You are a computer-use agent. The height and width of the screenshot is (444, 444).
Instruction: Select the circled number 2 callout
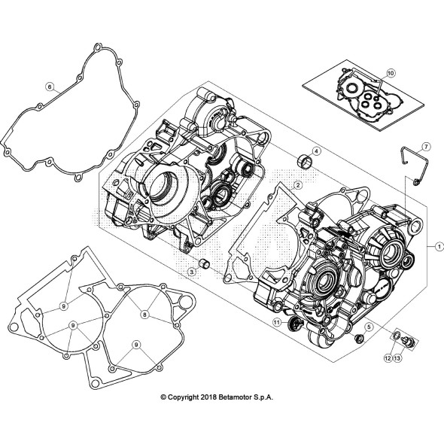(298, 184)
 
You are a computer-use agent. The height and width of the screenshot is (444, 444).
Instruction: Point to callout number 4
(317, 152)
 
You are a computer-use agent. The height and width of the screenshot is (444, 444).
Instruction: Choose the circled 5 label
(369, 327)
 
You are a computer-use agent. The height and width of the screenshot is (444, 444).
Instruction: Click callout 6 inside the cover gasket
(50, 87)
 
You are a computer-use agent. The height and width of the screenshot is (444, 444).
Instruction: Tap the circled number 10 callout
(391, 72)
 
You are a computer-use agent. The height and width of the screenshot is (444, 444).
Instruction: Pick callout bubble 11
(277, 323)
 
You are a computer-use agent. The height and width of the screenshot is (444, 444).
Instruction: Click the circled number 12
(387, 358)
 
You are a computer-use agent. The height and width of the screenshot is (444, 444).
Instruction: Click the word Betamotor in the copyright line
(246, 397)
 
